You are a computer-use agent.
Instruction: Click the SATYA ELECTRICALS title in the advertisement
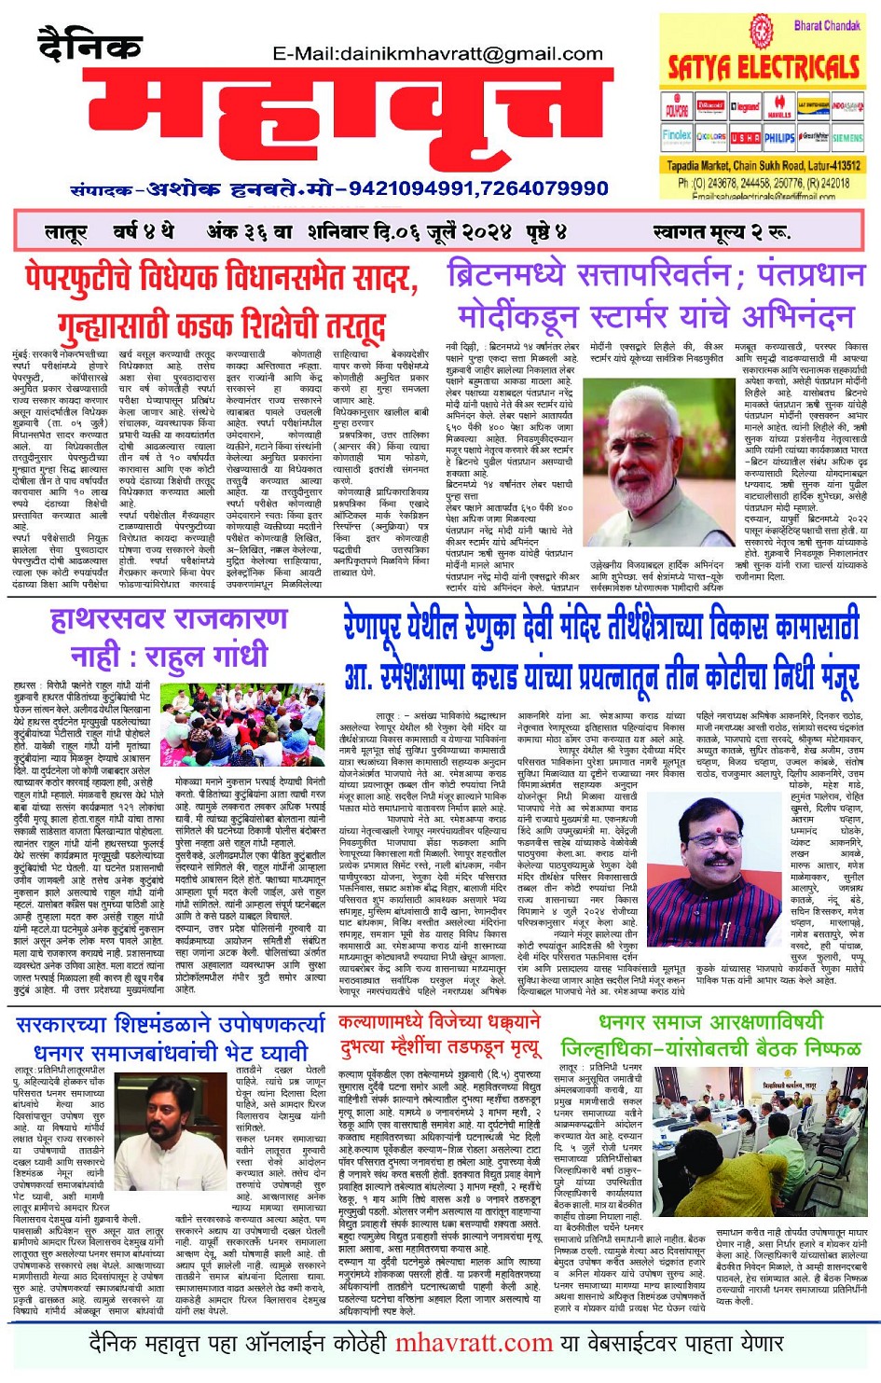pos(764,66)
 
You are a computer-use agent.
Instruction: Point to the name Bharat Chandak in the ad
pos(826,25)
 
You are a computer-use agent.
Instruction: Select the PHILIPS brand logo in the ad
pos(779,137)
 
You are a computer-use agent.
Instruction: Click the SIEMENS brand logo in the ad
pos(847,137)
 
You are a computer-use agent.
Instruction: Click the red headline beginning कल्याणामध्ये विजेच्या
pos(440,1024)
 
